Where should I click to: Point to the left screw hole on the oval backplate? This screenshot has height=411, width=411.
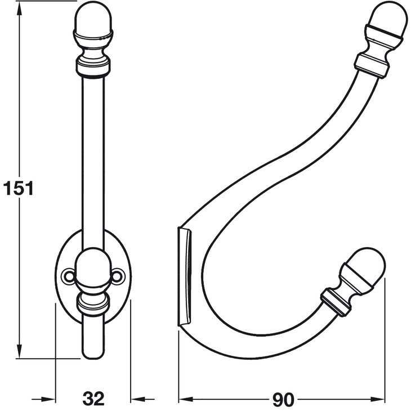pyautogui.click(x=68, y=275)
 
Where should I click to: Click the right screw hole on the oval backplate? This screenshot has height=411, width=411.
pyautogui.click(x=118, y=275)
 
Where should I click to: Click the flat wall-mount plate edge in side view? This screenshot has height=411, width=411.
pyautogui.click(x=185, y=276)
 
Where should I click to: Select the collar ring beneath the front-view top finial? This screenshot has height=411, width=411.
pyautogui.click(x=93, y=68)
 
